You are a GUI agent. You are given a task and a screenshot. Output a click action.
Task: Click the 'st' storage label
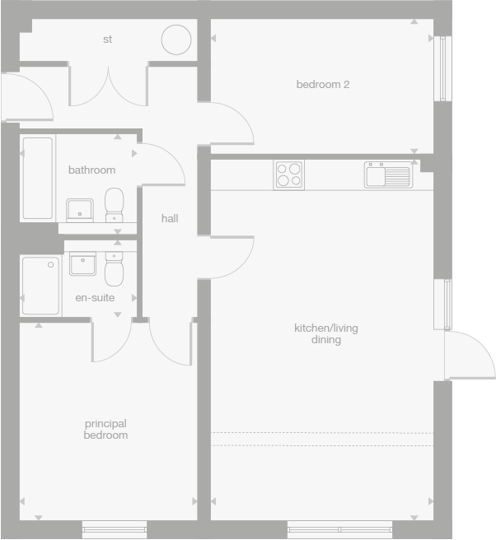pyautogui.click(x=108, y=39)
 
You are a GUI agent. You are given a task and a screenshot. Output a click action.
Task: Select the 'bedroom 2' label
pyautogui.click(x=323, y=84)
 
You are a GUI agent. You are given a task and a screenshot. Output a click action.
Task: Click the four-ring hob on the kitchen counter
pyautogui.click(x=288, y=175)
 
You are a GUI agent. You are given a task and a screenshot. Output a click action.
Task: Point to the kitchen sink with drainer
pyautogui.click(x=388, y=175)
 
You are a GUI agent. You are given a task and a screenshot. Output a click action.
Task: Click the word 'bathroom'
pyautogui.click(x=91, y=170)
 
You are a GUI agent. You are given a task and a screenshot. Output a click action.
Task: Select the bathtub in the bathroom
pyautogui.click(x=37, y=178)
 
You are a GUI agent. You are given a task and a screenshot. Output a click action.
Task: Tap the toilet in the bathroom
pyautogui.click(x=115, y=204)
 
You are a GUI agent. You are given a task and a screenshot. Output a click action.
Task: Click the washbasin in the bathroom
pyautogui.click(x=80, y=210)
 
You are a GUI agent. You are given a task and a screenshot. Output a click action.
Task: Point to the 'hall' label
pyautogui.click(x=170, y=218)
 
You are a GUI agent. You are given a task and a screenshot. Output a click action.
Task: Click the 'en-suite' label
pyautogui.click(x=94, y=297)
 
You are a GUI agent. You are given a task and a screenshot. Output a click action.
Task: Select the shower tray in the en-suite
pyautogui.click(x=41, y=286)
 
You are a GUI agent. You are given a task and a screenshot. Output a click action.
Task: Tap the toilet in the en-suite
pyautogui.click(x=114, y=268)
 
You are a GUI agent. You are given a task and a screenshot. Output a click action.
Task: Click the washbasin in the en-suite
pyautogui.click(x=83, y=264)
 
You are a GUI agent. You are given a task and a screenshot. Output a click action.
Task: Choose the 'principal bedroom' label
pyautogui.click(x=105, y=429)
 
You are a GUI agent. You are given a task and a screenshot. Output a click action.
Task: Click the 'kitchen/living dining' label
pyautogui.click(x=326, y=333)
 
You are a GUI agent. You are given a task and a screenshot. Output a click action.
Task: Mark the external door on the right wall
pyautogui.click(x=468, y=355)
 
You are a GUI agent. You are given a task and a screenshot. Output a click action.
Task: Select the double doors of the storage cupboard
pyautogui.click(x=108, y=87)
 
